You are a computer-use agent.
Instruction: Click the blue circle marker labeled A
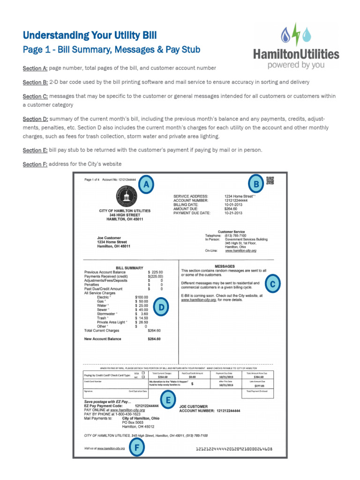pyautogui.click(x=147, y=186)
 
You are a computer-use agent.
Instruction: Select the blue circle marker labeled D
pyautogui.click(x=161, y=307)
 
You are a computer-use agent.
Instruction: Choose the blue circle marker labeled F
pyautogui.click(x=136, y=449)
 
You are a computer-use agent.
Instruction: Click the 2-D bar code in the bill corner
pyautogui.click(x=270, y=180)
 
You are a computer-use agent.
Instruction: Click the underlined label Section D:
pyautogui.click(x=35, y=120)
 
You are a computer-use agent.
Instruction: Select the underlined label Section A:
pyautogui.click(x=35, y=68)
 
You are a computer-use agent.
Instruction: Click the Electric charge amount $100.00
pyautogui.click(x=141, y=297)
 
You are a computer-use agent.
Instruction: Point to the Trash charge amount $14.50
pyautogui.click(x=141, y=318)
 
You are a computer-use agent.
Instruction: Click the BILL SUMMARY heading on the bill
pyautogui.click(x=129, y=268)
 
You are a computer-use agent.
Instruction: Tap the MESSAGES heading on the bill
pyautogui.click(x=224, y=266)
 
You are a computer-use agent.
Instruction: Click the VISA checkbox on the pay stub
pyautogui.click(x=142, y=373)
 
